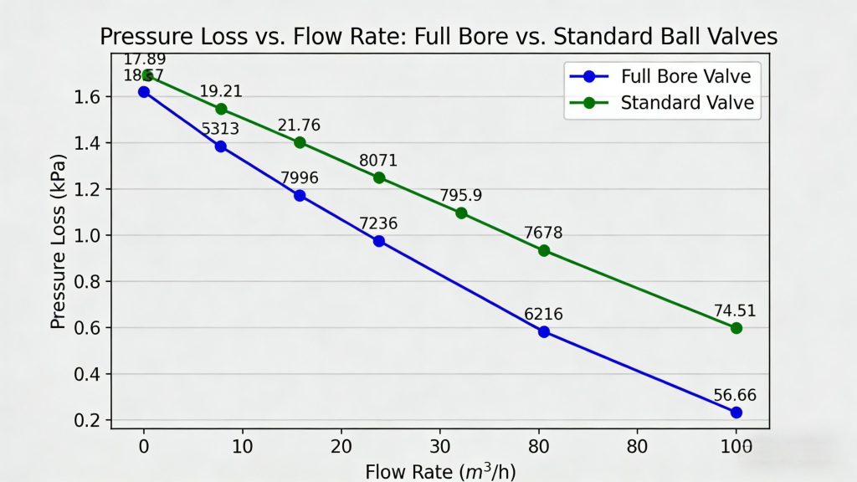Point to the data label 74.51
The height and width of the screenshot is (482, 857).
(x=734, y=310)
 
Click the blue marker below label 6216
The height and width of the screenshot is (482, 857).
(x=544, y=331)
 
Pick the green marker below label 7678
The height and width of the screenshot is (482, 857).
(x=544, y=250)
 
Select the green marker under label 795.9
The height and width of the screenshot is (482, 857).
(x=461, y=213)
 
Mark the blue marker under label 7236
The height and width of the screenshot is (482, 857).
(x=379, y=241)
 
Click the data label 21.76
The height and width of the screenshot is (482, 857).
(x=299, y=126)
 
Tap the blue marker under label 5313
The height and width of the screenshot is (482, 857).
(x=221, y=146)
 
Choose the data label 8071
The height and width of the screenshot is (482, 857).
(x=378, y=160)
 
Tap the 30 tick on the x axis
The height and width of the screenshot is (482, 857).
(x=439, y=446)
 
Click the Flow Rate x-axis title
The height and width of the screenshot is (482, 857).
(x=440, y=471)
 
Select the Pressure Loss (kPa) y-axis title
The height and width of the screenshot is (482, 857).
(x=58, y=240)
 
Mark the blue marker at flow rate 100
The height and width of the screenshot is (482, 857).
(x=736, y=413)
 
